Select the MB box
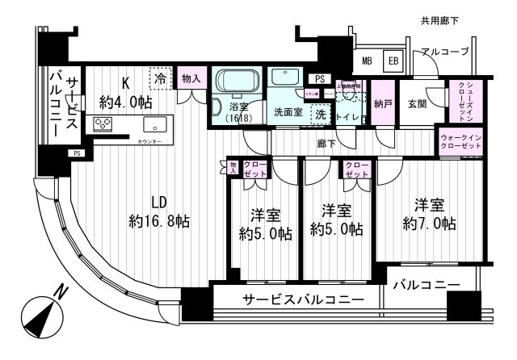[x=367, y=61]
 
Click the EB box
[x=392, y=61]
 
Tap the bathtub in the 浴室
[x=234, y=84]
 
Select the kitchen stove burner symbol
[x=104, y=124]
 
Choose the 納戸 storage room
[x=383, y=103]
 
